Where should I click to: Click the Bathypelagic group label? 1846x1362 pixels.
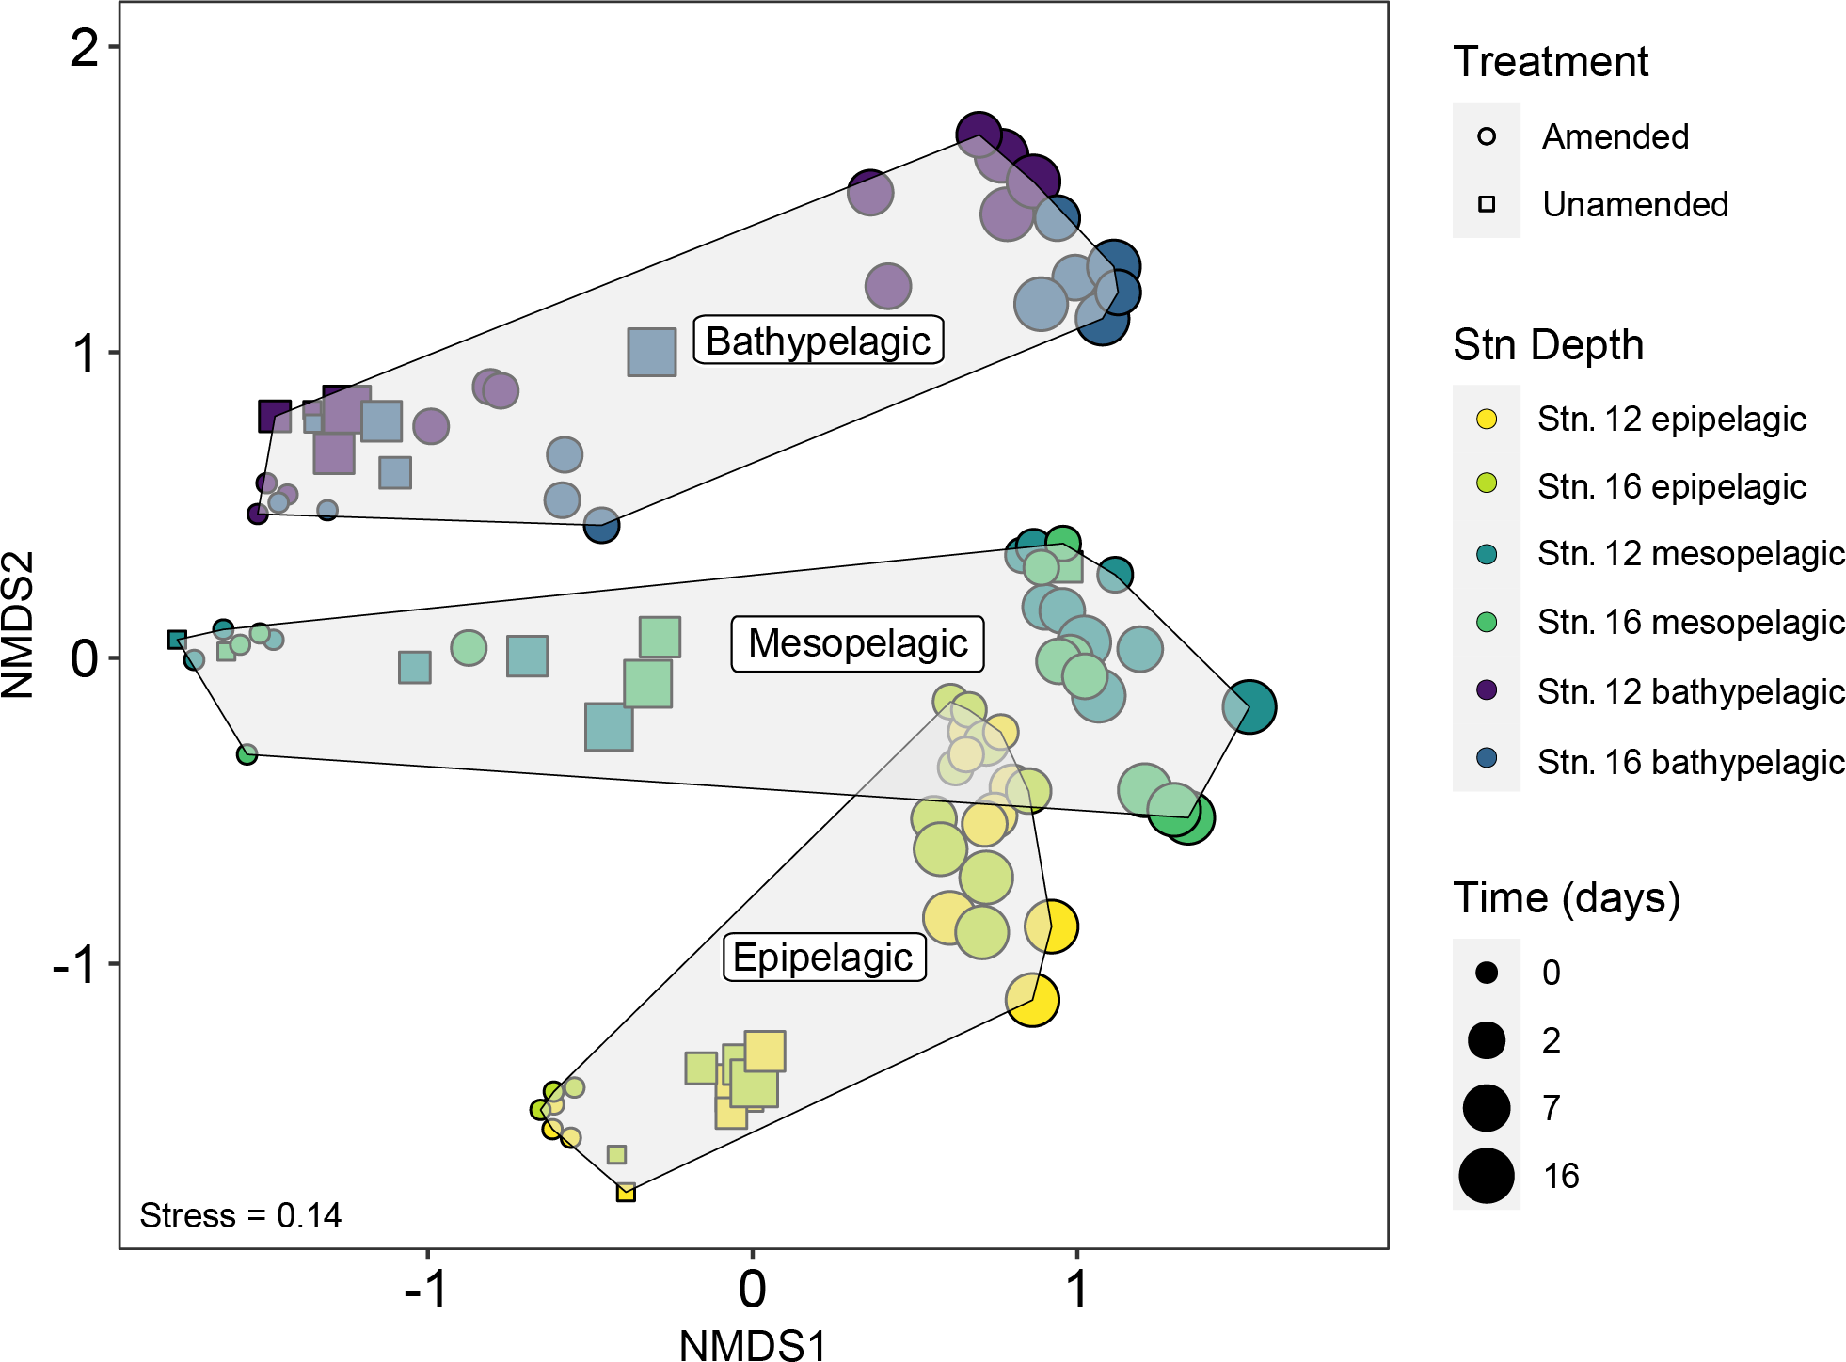coord(818,340)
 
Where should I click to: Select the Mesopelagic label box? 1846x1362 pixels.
coord(857,644)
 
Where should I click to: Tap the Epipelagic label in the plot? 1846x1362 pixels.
coord(823,958)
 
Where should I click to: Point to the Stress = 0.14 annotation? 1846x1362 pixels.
coord(240,1215)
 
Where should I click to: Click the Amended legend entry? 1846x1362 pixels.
coord(1615,137)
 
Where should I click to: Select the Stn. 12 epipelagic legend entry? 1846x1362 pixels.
coord(1671,420)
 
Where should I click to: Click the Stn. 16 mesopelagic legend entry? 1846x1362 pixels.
coord(1690,623)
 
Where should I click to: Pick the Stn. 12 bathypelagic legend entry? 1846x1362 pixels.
coord(1690,691)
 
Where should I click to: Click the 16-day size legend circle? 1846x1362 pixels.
coord(1487,1176)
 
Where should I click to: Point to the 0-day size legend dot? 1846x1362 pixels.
coord(1487,973)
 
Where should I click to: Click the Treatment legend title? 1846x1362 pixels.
coord(1551,62)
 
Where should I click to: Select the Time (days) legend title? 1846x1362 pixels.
coord(1567,898)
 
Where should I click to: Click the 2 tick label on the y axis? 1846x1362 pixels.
coord(84,47)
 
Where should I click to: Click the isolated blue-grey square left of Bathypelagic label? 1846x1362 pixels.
coord(652,352)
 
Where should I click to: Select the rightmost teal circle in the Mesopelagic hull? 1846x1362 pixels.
coord(1249,706)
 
